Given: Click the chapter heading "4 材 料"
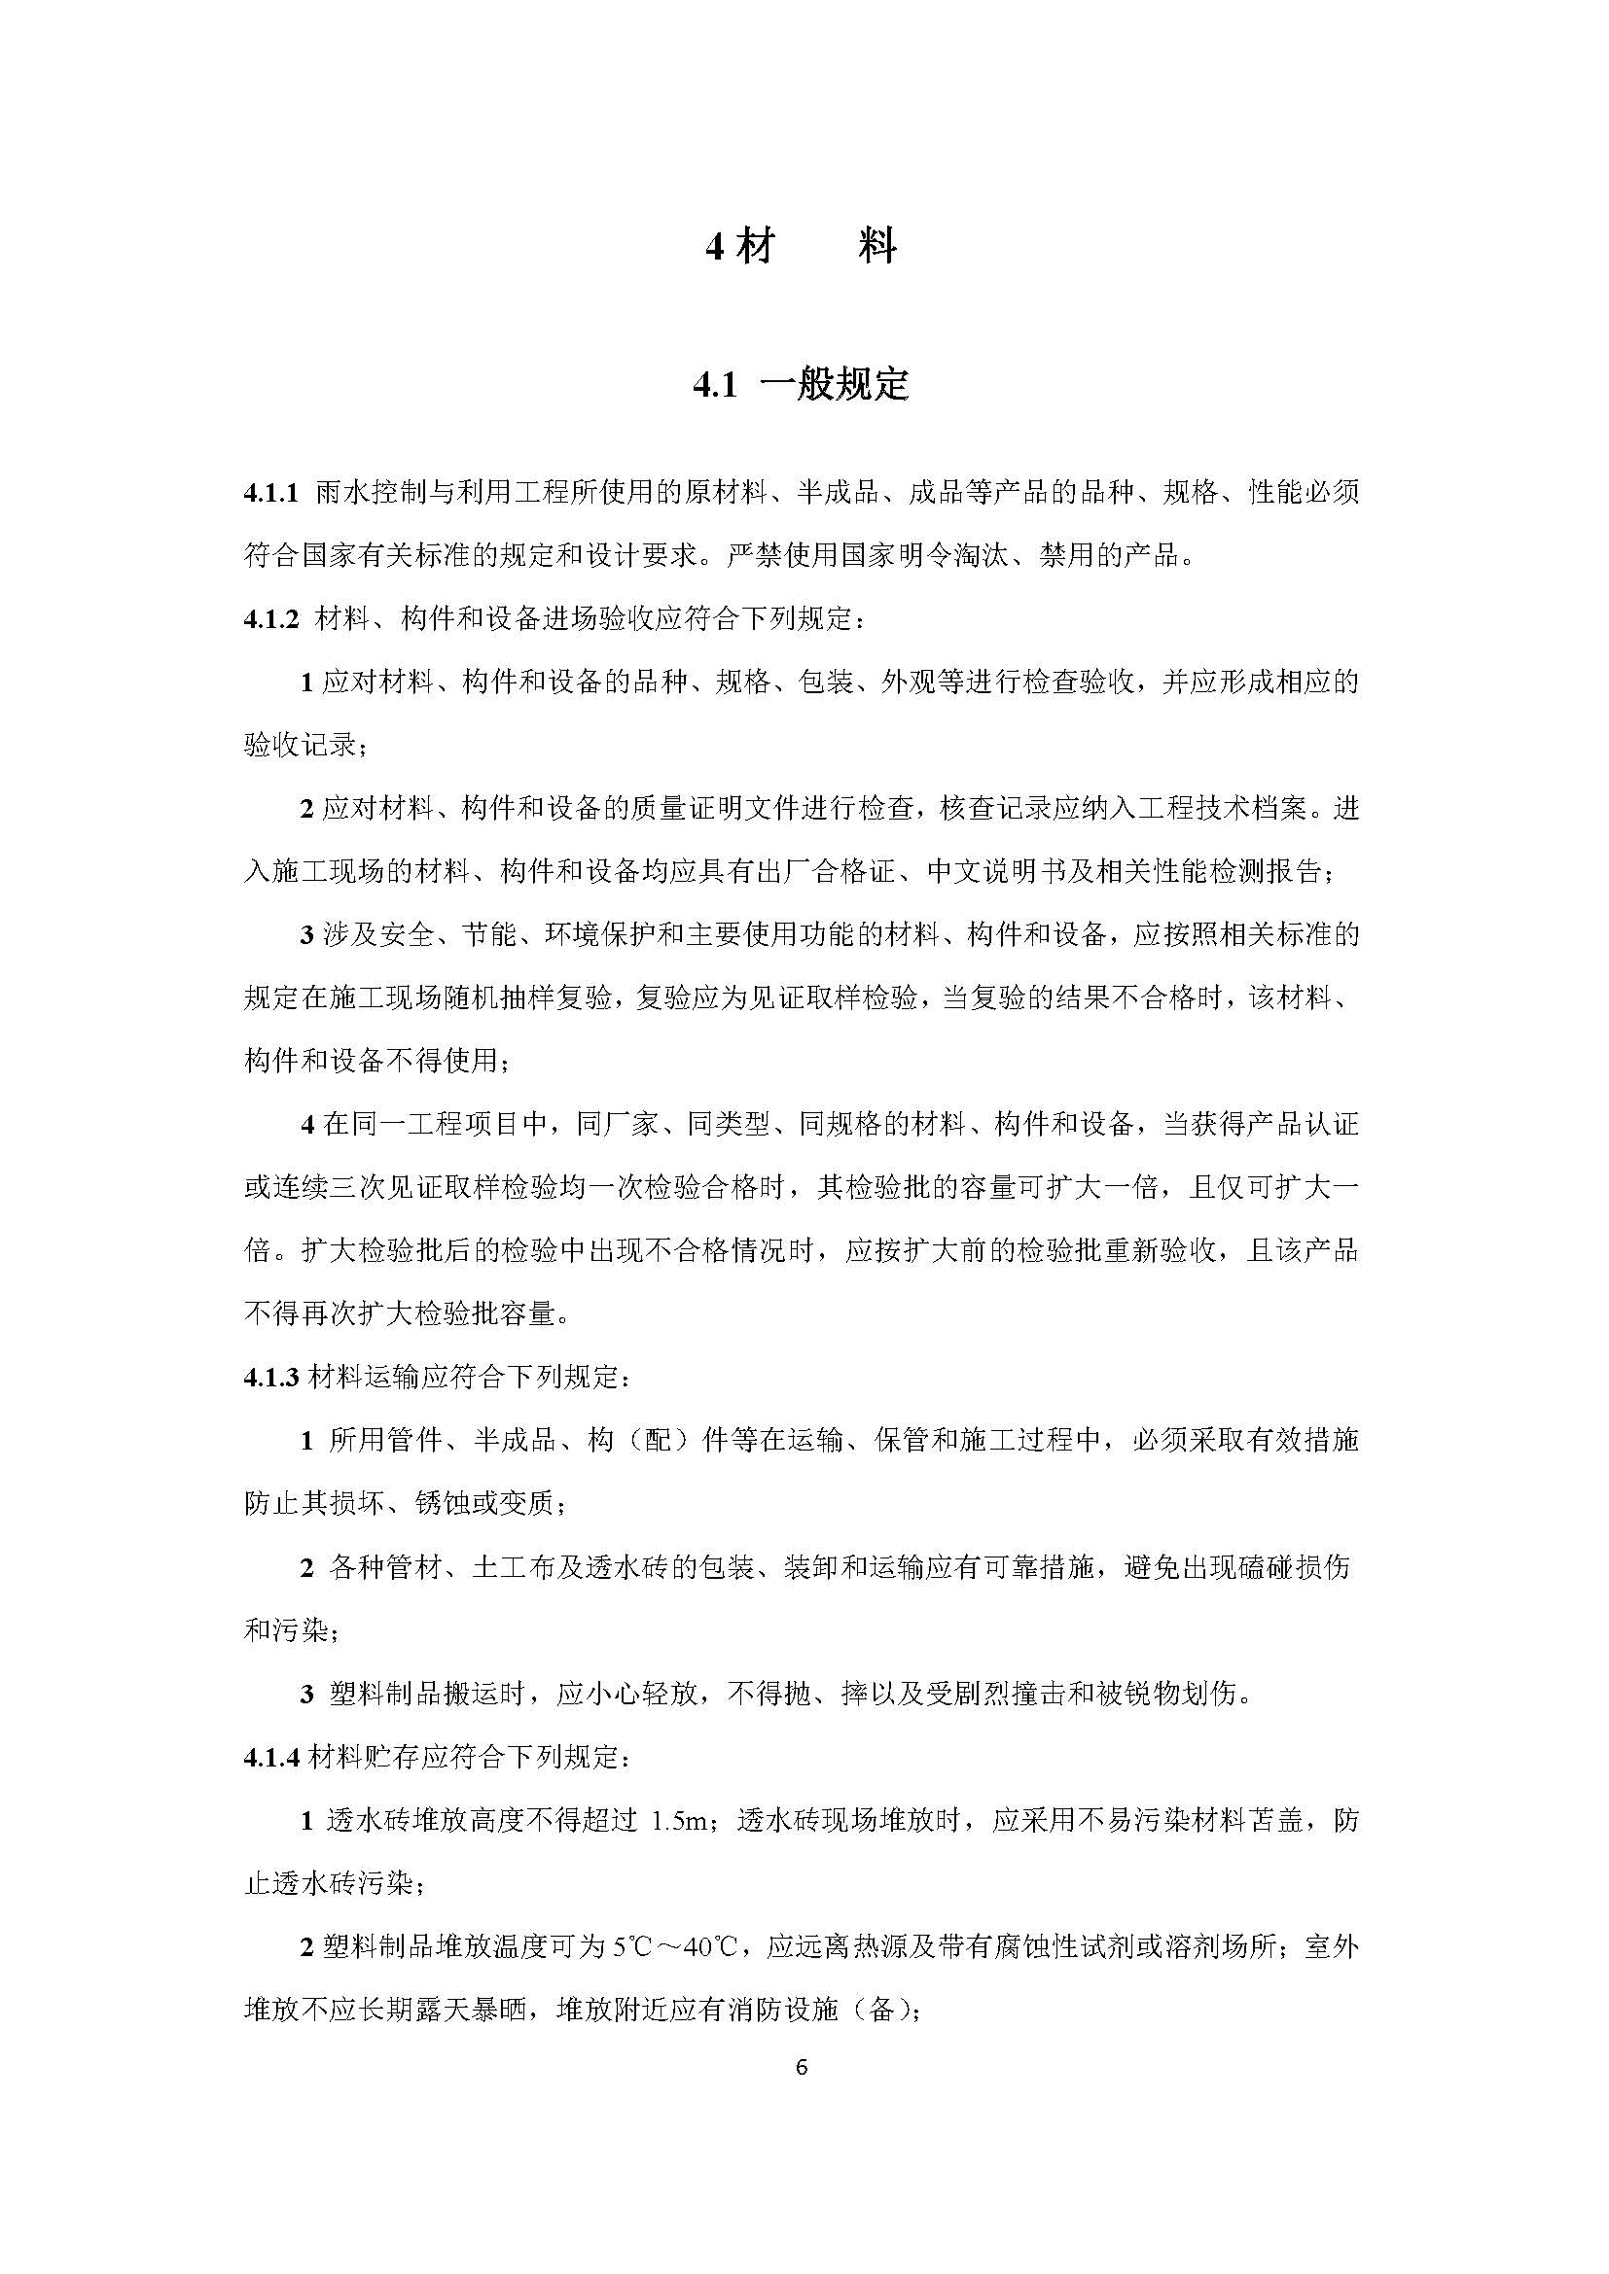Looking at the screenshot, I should tap(801, 246).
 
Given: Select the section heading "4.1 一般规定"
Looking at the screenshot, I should tap(801, 385).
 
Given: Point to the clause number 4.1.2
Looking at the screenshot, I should tap(270, 620).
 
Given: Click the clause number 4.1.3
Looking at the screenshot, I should tap(270, 1378).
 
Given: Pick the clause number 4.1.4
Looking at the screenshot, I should tap(270, 1758).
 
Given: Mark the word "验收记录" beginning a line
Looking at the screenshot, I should tap(301, 746).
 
